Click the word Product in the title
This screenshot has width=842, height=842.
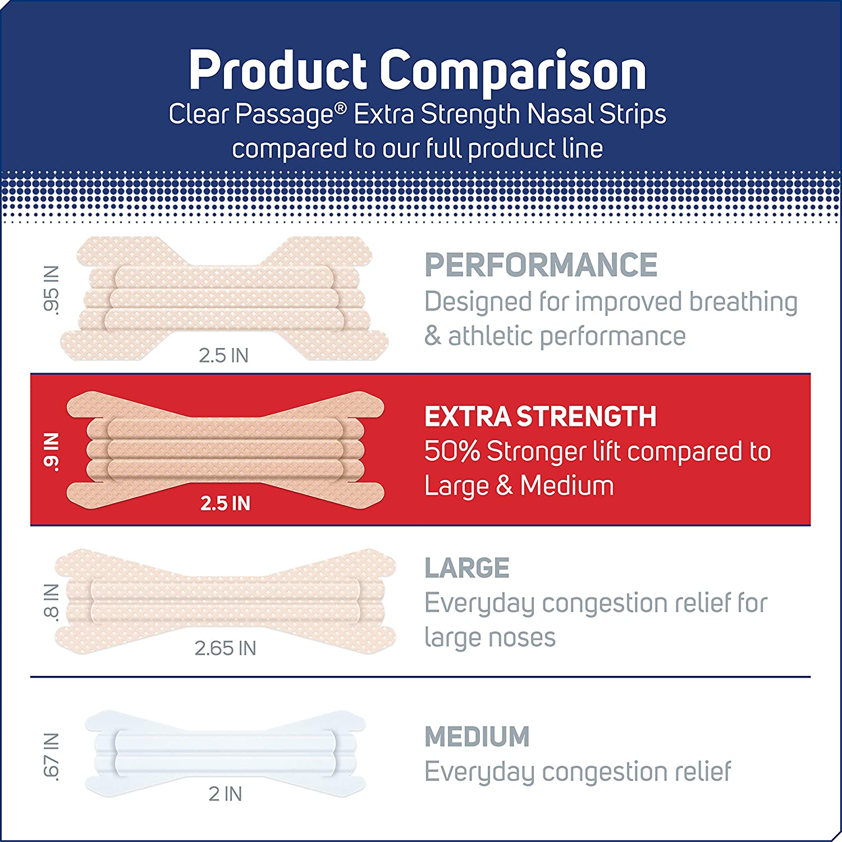[x=278, y=71]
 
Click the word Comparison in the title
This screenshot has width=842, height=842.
[x=513, y=71]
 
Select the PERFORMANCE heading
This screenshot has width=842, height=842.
[x=541, y=265]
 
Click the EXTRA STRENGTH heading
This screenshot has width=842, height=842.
[x=540, y=417]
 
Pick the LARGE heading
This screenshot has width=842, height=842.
[x=466, y=568]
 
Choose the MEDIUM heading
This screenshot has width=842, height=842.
[x=477, y=736]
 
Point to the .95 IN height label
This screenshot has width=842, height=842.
[x=51, y=290]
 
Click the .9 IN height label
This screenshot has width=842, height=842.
[x=51, y=451]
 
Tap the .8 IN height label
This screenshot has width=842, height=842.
[x=51, y=602]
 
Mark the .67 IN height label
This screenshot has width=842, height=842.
[x=51, y=757]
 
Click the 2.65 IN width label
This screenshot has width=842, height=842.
[x=225, y=648]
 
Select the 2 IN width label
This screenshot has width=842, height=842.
[x=225, y=794]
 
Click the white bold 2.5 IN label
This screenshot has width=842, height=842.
[x=225, y=504]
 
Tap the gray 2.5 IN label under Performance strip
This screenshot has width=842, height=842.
[x=223, y=355]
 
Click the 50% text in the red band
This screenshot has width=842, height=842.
[x=452, y=451]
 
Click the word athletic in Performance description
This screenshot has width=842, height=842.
[x=492, y=336]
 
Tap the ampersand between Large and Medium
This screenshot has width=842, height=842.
[x=504, y=486]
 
